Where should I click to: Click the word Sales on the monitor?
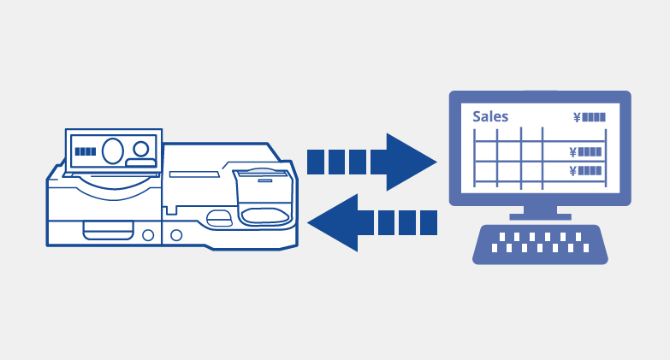[x=490, y=116]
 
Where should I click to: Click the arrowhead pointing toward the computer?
[x=408, y=162]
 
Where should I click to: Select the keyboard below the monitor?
[x=540, y=245]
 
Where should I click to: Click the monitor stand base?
[x=540, y=217]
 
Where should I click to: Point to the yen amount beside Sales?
[x=590, y=117]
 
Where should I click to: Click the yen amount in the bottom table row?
[x=585, y=171]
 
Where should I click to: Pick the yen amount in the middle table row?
[x=585, y=151]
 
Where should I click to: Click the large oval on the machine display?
[x=113, y=150]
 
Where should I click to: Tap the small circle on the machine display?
[x=140, y=149]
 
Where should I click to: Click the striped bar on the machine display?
[x=86, y=151]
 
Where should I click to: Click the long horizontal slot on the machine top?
[x=194, y=174]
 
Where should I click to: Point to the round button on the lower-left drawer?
[x=148, y=235]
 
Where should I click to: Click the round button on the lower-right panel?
[x=176, y=235]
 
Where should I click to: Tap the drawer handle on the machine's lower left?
[x=109, y=231]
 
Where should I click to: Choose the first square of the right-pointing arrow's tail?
[x=316, y=162]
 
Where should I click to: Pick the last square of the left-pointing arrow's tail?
[x=429, y=223]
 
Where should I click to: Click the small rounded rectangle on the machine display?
[x=140, y=162]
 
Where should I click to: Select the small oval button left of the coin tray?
[x=219, y=219]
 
